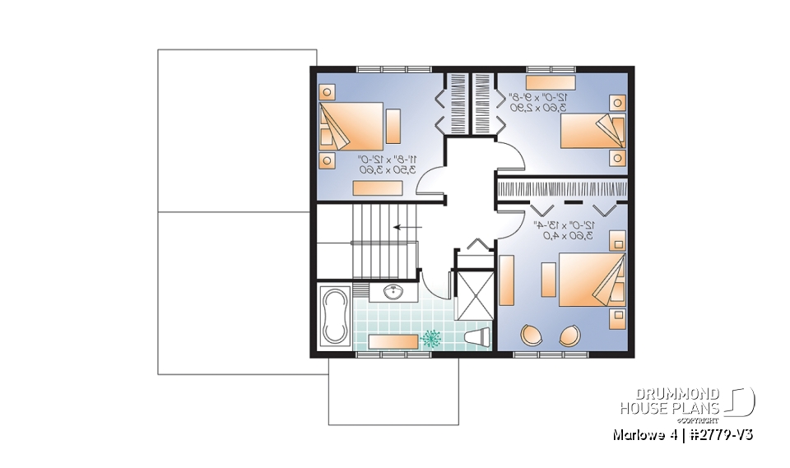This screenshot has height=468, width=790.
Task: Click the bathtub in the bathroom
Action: coord(335,317)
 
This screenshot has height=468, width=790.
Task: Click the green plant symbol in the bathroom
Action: coord(431,337)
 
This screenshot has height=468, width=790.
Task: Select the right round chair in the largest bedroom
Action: coord(569,336)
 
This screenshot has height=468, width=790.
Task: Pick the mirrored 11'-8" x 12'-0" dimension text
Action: coord(387,163)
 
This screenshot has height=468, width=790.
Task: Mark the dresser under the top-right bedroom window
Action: coord(550,81)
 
